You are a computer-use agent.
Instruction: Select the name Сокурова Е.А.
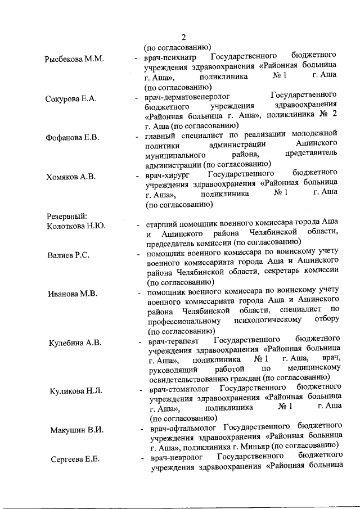coord(71,99)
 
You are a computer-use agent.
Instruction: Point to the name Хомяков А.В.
coord(71,177)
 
